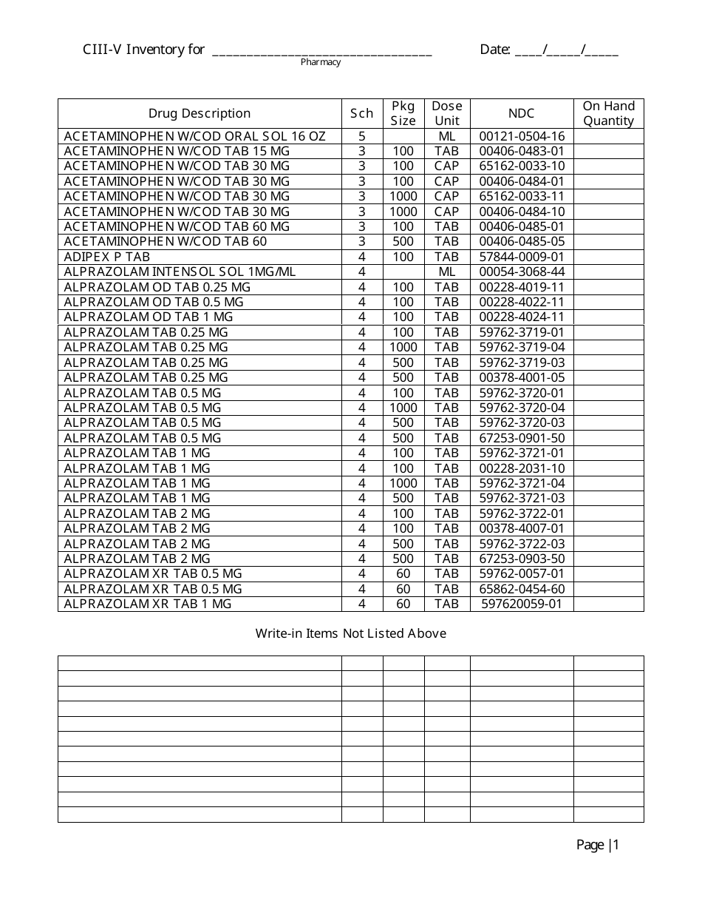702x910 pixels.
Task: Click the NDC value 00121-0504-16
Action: [522, 136]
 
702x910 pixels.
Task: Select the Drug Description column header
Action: [200, 113]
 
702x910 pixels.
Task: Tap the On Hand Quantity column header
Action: [608, 113]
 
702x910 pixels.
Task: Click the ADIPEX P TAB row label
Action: [107, 257]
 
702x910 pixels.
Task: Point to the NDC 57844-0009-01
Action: [522, 257]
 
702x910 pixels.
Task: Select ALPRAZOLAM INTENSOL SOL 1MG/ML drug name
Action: [180, 272]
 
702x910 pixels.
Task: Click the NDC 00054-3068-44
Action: [522, 272]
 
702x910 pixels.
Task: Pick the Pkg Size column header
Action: [403, 113]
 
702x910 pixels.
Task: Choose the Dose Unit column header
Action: [447, 113]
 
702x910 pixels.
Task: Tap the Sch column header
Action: [362, 113]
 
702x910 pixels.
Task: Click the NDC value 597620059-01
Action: [522, 604]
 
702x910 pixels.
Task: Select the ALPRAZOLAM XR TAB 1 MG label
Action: [148, 604]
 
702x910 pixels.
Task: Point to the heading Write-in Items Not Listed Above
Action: [351, 633]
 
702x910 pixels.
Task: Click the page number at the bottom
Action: [598, 845]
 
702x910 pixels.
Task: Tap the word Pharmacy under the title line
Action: [321, 62]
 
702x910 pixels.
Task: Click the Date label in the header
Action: [494, 50]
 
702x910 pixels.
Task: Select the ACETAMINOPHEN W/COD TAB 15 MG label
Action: [177, 151]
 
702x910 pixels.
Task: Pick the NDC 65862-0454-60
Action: [522, 589]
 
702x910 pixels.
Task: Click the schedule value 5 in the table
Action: [362, 136]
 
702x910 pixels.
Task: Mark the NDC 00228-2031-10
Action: [522, 468]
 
